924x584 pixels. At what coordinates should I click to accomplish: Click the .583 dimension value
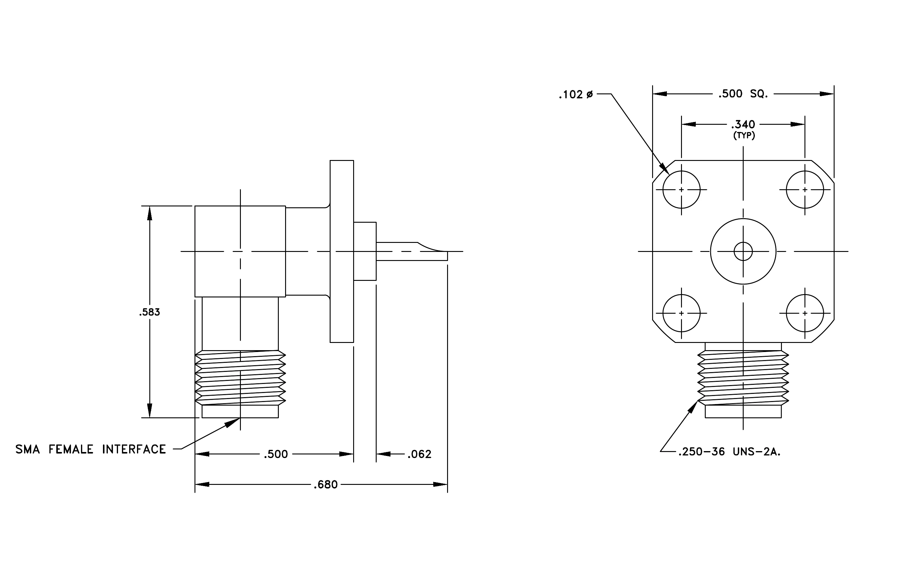(x=150, y=312)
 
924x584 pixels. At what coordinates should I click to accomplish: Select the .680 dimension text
(x=326, y=485)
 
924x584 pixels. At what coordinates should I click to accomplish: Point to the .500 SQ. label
(x=743, y=94)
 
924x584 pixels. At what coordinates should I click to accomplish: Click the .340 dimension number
(x=743, y=124)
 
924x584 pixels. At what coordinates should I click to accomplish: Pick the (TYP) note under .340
(x=744, y=136)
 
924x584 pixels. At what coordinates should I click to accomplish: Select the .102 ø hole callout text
(x=576, y=94)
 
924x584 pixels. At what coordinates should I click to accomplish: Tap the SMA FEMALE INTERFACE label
(x=91, y=449)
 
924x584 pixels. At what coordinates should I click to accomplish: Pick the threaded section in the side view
(x=241, y=378)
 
